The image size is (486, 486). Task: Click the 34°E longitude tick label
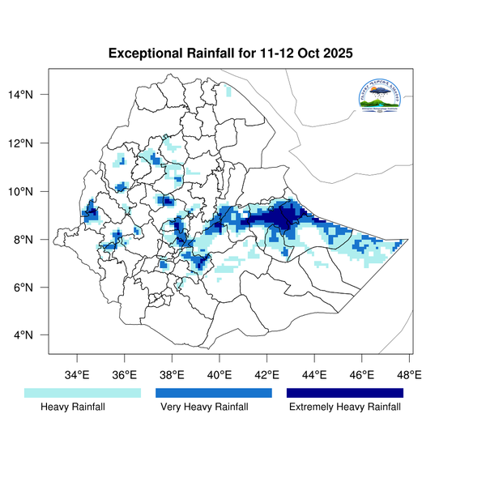(77, 375)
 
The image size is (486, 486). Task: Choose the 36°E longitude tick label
(125, 375)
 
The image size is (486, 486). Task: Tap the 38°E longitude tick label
(172, 375)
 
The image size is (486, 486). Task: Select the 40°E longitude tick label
(220, 375)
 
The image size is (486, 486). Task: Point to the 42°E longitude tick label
(267, 375)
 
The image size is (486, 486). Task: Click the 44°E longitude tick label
(314, 375)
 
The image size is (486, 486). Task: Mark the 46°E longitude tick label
(362, 375)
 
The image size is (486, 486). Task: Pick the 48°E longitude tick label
(409, 375)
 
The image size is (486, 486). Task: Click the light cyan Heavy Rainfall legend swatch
(83, 393)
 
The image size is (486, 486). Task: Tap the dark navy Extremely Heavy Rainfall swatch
(345, 393)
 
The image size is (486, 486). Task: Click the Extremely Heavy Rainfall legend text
(345, 407)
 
